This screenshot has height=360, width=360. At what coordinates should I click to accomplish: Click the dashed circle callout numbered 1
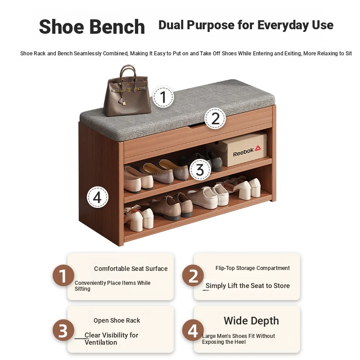pos(163,97)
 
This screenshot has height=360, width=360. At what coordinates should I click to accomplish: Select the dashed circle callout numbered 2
pos(215,118)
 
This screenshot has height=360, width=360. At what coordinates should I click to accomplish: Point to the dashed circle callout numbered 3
pos(200,170)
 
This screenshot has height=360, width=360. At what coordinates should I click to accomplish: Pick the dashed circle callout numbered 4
pos(97,197)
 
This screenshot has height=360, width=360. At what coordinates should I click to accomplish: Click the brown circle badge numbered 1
pos(63,275)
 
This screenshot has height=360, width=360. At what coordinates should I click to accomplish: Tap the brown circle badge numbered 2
pos(193,275)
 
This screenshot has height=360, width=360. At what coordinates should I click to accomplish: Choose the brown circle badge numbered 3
pos(63,330)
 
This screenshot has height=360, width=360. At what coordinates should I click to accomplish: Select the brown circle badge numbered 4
pos(193,330)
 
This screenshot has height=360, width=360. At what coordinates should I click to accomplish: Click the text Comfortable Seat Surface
pos(131,269)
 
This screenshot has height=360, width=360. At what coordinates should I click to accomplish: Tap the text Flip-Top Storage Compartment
pos(252,268)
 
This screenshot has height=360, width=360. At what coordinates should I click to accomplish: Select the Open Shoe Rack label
pos(117,320)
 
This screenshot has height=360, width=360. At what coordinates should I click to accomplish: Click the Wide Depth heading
pos(252,321)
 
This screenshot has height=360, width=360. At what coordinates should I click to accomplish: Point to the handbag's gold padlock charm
pos(124,103)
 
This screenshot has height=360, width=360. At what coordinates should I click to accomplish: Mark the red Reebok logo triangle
pos(258,148)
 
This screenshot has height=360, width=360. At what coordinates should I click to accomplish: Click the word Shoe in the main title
pos(62,27)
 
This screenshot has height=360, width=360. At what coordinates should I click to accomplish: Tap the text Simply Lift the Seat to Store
pos(248,286)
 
